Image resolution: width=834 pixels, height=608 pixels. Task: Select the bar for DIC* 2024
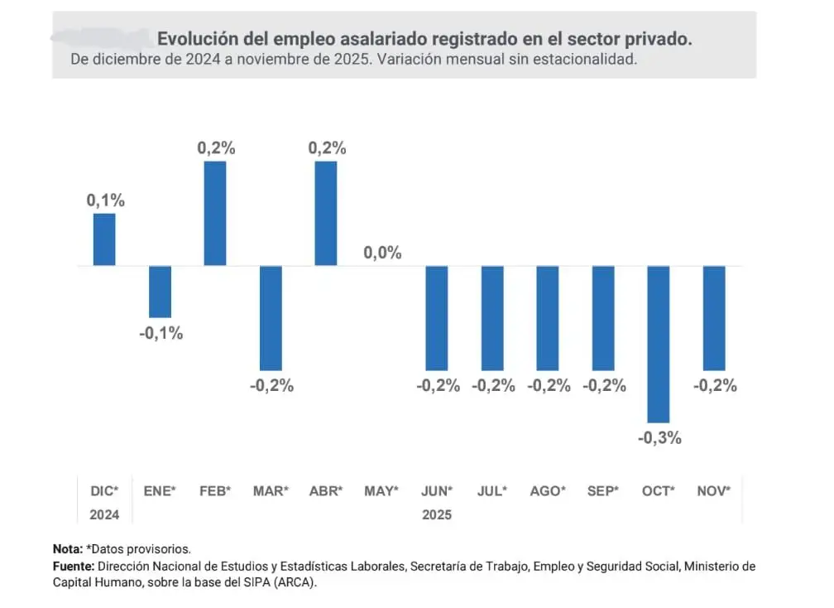click(x=104, y=239)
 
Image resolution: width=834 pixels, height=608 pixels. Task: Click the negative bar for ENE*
click(x=160, y=292)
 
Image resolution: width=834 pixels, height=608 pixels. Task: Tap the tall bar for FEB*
click(x=215, y=213)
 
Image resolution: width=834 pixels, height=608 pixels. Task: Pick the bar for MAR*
click(x=271, y=318)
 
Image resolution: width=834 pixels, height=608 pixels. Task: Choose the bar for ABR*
click(x=326, y=213)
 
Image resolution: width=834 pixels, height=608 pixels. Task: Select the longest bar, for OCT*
click(x=659, y=344)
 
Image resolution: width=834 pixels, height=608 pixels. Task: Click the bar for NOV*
click(x=714, y=318)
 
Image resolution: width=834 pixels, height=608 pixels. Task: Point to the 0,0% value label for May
click(x=382, y=253)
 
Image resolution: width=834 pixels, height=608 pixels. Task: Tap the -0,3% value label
click(x=659, y=438)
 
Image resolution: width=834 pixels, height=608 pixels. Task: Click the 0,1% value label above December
click(x=105, y=200)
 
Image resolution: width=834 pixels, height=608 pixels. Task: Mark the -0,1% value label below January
click(x=161, y=333)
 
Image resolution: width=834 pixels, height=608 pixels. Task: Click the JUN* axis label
click(x=437, y=491)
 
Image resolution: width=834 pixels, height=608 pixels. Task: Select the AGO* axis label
click(x=548, y=491)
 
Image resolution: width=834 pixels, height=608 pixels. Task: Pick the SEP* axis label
click(x=603, y=491)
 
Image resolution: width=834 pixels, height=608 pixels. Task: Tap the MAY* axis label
click(x=381, y=491)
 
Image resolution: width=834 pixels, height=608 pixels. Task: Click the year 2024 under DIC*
click(x=104, y=514)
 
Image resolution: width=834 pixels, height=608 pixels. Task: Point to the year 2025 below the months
click(x=437, y=514)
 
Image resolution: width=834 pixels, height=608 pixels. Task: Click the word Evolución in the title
click(x=193, y=39)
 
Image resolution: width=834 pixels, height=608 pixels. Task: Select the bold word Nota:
click(x=68, y=549)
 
